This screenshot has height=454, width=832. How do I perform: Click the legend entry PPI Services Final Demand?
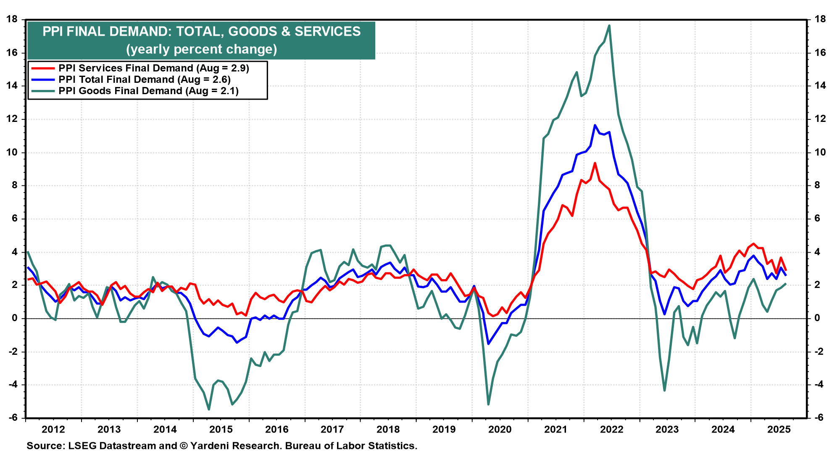pyautogui.click(x=153, y=68)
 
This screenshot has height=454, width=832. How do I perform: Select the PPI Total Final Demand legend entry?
pyautogui.click(x=144, y=79)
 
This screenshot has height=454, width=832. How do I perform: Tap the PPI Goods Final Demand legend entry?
pyautogui.click(x=148, y=91)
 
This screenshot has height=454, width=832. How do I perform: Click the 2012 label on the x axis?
pyautogui.click(x=53, y=429)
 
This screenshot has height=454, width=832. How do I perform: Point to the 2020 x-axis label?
pyautogui.click(x=500, y=429)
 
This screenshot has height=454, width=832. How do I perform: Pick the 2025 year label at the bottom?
pyautogui.click(x=779, y=429)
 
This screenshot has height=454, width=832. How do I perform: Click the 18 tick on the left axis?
pyautogui.click(x=12, y=19)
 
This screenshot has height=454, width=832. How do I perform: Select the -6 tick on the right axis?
pyautogui.click(x=819, y=417)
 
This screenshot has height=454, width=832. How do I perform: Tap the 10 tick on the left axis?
pyautogui.click(x=12, y=152)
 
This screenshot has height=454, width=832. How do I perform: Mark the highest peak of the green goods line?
pyautogui.click(x=609, y=26)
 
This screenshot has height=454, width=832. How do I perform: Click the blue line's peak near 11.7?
pyautogui.click(x=595, y=125)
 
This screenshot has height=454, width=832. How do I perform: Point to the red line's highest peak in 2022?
pyautogui.click(x=595, y=163)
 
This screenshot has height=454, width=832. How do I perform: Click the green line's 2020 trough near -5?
pyautogui.click(x=488, y=404)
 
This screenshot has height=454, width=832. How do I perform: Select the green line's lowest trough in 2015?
pyautogui.click(x=209, y=409)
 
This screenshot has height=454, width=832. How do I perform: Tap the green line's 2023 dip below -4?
pyautogui.click(x=664, y=391)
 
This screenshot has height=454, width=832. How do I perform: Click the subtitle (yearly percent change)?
pyautogui.click(x=201, y=49)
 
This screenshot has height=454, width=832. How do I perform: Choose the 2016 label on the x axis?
pyautogui.click(x=276, y=429)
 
